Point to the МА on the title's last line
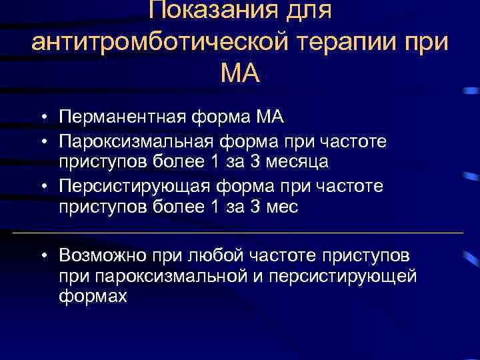coord(239,72)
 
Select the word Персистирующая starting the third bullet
coord(134,186)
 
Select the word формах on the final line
coord(92,297)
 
